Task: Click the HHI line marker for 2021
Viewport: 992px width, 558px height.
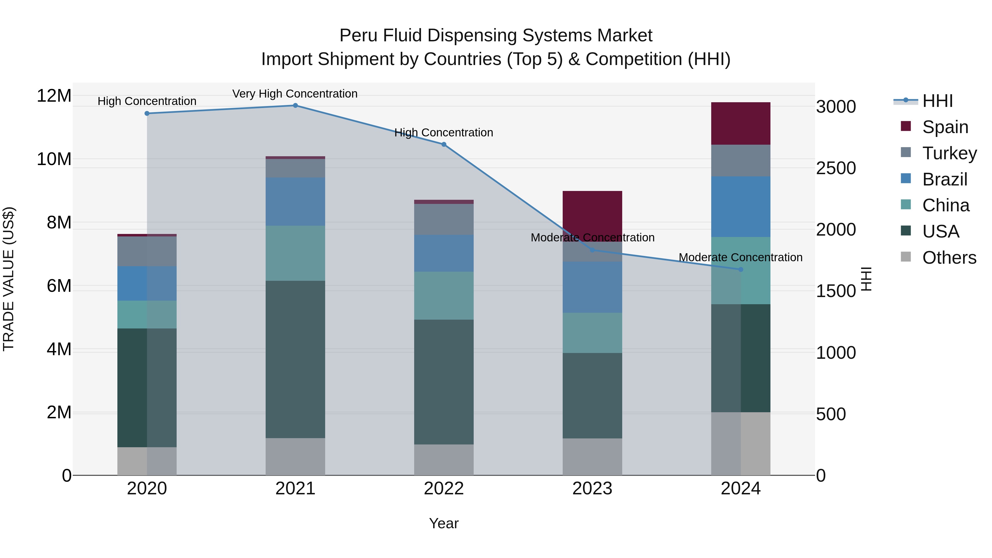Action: (x=295, y=106)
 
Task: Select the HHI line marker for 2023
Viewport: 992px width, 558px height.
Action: (x=592, y=250)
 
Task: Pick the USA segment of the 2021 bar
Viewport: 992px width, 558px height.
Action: (x=295, y=359)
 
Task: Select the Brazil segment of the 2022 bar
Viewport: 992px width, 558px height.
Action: (x=444, y=254)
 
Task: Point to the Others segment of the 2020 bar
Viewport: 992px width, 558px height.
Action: (x=147, y=461)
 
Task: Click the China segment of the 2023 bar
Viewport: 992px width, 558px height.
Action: (x=592, y=333)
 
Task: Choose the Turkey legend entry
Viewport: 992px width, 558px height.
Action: (x=949, y=153)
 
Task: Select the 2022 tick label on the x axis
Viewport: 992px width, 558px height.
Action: (x=444, y=489)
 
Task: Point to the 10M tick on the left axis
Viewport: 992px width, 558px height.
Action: (x=54, y=159)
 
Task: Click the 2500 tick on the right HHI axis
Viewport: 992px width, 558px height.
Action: (x=836, y=168)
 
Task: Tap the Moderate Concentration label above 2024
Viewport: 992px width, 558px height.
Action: (x=740, y=257)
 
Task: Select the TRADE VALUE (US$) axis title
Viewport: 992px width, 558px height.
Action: (x=9, y=279)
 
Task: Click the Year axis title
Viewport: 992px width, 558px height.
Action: (x=444, y=523)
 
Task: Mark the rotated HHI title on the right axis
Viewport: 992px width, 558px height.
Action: (x=866, y=279)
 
